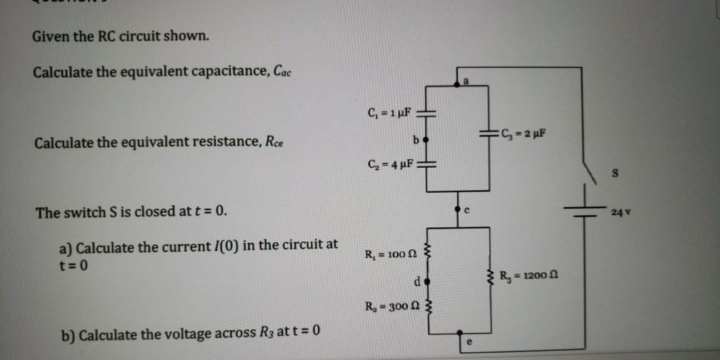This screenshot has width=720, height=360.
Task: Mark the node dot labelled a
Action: [x=458, y=85]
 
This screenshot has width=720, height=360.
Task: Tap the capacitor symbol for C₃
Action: [x=489, y=133]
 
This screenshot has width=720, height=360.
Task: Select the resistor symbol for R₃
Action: [x=490, y=276]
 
